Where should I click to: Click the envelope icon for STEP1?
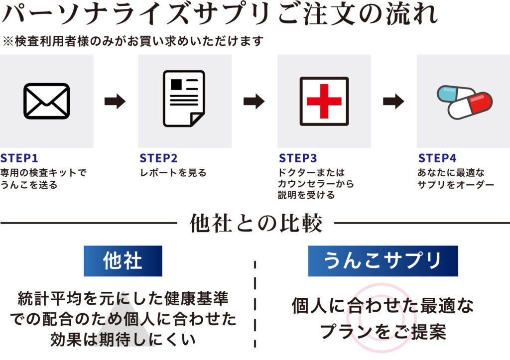pos(47,101)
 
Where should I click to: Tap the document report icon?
pos(184,98)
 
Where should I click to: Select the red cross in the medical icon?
pos(324,101)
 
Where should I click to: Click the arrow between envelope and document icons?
pos(115,102)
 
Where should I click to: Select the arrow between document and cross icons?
pos(254,102)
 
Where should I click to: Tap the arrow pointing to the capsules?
pos(393,102)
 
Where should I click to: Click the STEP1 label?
pos(19,159)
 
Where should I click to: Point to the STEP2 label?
pos(158,159)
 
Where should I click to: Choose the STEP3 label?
pos(298,159)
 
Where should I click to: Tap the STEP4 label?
pos(437,159)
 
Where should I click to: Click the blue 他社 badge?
pos(123,261)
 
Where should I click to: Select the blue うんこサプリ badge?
pos(382,261)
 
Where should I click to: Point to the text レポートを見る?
pos(172,173)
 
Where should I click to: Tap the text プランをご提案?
pos(382,331)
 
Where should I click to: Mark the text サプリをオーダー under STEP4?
pos(455,185)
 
